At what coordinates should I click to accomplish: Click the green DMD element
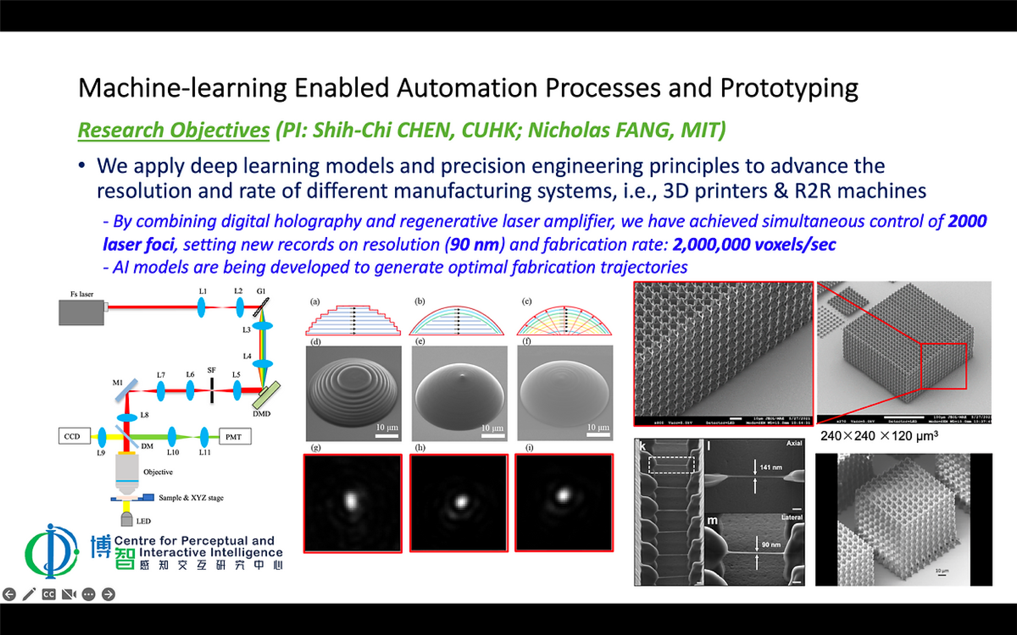pyautogui.click(x=266, y=395)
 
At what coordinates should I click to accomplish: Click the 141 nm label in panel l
pyautogui.click(x=771, y=467)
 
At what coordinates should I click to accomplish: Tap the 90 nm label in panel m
pyautogui.click(x=771, y=544)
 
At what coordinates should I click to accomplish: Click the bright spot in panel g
pyautogui.click(x=350, y=500)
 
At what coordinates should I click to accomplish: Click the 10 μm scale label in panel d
pyautogui.click(x=386, y=427)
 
